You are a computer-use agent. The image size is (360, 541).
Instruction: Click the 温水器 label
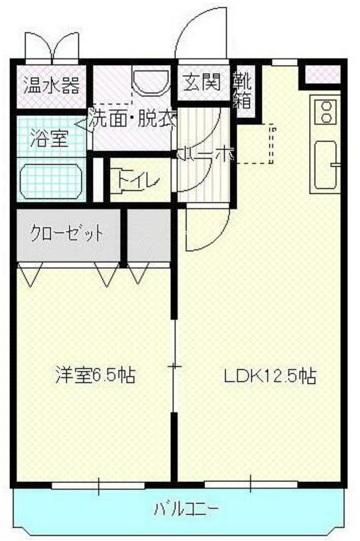coord(52,86)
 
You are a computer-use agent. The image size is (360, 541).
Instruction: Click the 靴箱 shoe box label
coord(242,92)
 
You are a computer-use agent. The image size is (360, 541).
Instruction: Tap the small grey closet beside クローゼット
coord(151,235)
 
